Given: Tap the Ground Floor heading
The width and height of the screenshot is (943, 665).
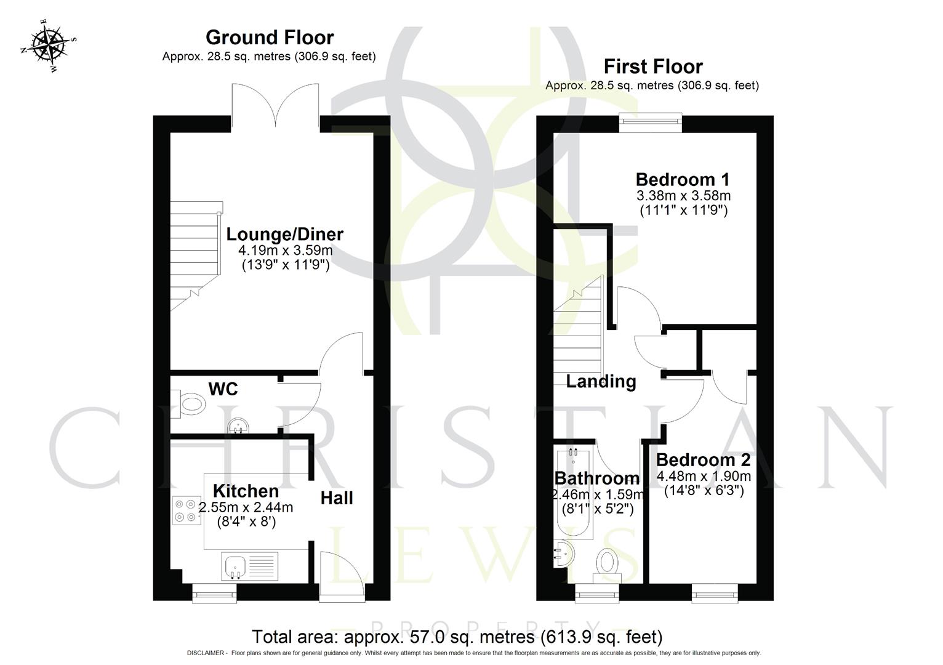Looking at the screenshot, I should point(270,38).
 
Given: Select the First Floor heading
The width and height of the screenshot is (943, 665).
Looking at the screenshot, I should point(652,66).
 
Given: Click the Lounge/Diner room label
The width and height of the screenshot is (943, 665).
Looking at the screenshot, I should point(284,234).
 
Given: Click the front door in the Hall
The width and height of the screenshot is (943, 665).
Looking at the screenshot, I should point(340,576).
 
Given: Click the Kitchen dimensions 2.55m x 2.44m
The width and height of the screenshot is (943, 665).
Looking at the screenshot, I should point(246,508).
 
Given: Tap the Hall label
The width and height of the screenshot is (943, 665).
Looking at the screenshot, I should point(337,498).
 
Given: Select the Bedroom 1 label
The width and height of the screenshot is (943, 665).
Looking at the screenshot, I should point(682,180).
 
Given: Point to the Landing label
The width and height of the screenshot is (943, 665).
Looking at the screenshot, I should point(601,382).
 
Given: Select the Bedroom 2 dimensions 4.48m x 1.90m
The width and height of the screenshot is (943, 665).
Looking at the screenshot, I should point(704,476).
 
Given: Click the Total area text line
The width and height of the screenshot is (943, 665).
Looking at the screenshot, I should point(457,636).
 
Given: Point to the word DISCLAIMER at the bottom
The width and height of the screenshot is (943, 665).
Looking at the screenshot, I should point(206,653).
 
